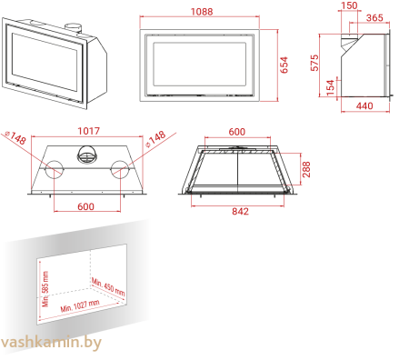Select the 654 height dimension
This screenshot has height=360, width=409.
coord(284,65)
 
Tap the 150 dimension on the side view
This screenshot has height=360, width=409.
coord(349,5)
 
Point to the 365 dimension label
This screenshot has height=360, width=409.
coord(374,17)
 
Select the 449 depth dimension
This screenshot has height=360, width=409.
coord(364,106)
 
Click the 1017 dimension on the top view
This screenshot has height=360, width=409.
coord(88,132)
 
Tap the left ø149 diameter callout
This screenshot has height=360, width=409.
coord(15,137)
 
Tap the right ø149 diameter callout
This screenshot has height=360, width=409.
coord(155,137)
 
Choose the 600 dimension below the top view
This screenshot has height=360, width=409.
coord(85,206)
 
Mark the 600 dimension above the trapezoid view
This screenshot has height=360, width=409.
coord(236,132)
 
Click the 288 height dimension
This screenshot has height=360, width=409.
coord(306,168)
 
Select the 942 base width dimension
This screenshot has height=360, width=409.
coord(240,211)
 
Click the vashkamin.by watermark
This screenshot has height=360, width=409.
coord(52,342)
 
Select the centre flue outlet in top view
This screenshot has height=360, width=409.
coord(88,158)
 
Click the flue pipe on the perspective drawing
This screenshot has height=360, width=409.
coord(70,33)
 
